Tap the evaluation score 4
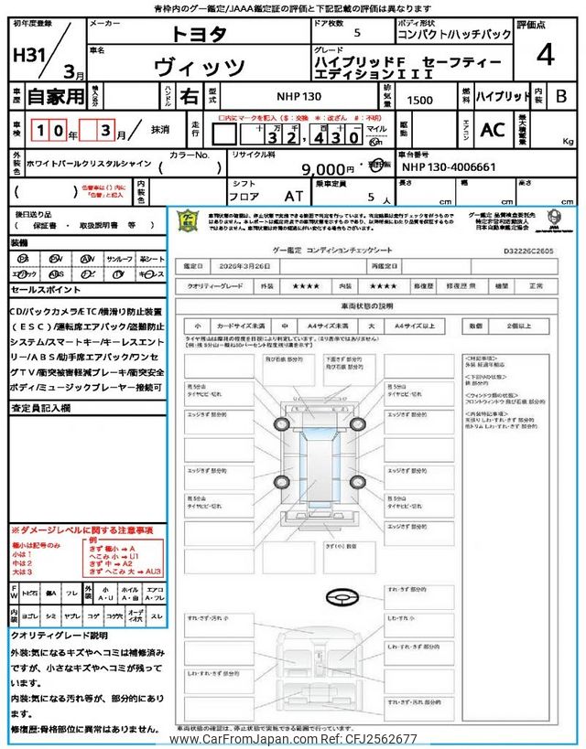tap(546, 55)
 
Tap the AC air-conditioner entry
tap(493, 129)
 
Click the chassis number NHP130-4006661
tap(449, 168)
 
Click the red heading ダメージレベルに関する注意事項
tap(82, 530)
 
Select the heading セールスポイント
tap(46, 290)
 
